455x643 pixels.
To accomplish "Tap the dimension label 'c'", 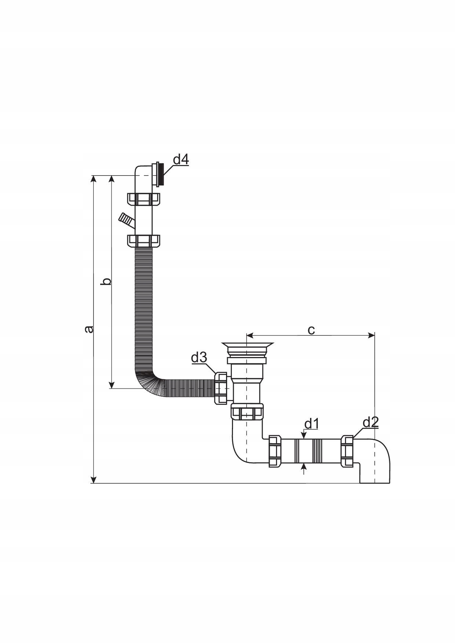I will point(311,330).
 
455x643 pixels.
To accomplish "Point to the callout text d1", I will point(311,424).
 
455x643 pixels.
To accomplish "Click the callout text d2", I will point(370,422).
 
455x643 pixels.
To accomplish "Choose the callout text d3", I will point(199,357).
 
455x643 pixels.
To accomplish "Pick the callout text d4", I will point(181,159).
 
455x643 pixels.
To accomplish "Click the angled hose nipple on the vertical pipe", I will point(126,220).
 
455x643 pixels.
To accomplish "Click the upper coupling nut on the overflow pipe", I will point(144,199).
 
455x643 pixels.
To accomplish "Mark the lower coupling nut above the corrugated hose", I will point(144,241).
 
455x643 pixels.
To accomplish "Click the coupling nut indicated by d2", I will point(347,451).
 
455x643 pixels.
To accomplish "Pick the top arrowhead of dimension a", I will point(94,179).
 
